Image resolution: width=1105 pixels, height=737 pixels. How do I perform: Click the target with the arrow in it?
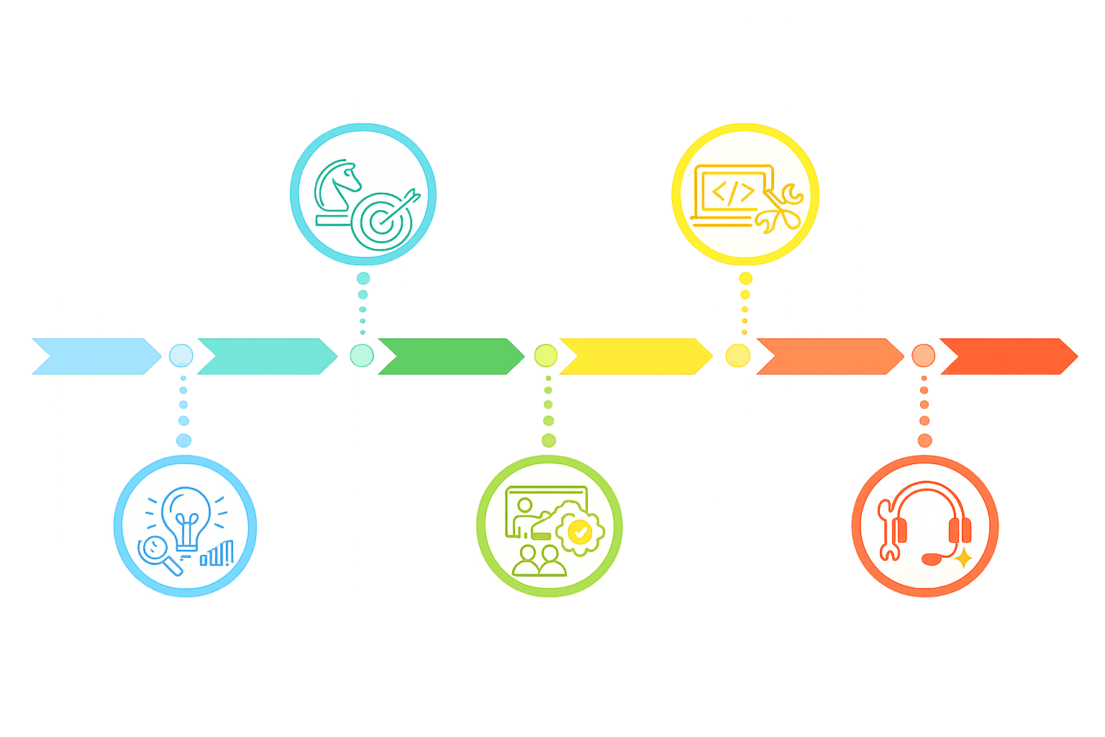click(x=386, y=219)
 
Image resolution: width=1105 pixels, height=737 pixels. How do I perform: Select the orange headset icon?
click(x=927, y=522)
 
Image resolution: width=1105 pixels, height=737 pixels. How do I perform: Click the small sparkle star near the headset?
click(x=963, y=559)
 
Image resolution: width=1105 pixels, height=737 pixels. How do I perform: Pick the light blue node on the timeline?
click(x=181, y=356)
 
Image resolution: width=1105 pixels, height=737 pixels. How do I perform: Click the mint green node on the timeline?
click(x=362, y=356)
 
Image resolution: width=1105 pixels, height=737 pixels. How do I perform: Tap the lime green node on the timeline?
click(x=546, y=356)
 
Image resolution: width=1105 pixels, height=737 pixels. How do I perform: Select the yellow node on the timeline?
click(x=737, y=356)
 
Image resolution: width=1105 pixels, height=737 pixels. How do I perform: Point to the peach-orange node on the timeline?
click(x=923, y=356)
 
